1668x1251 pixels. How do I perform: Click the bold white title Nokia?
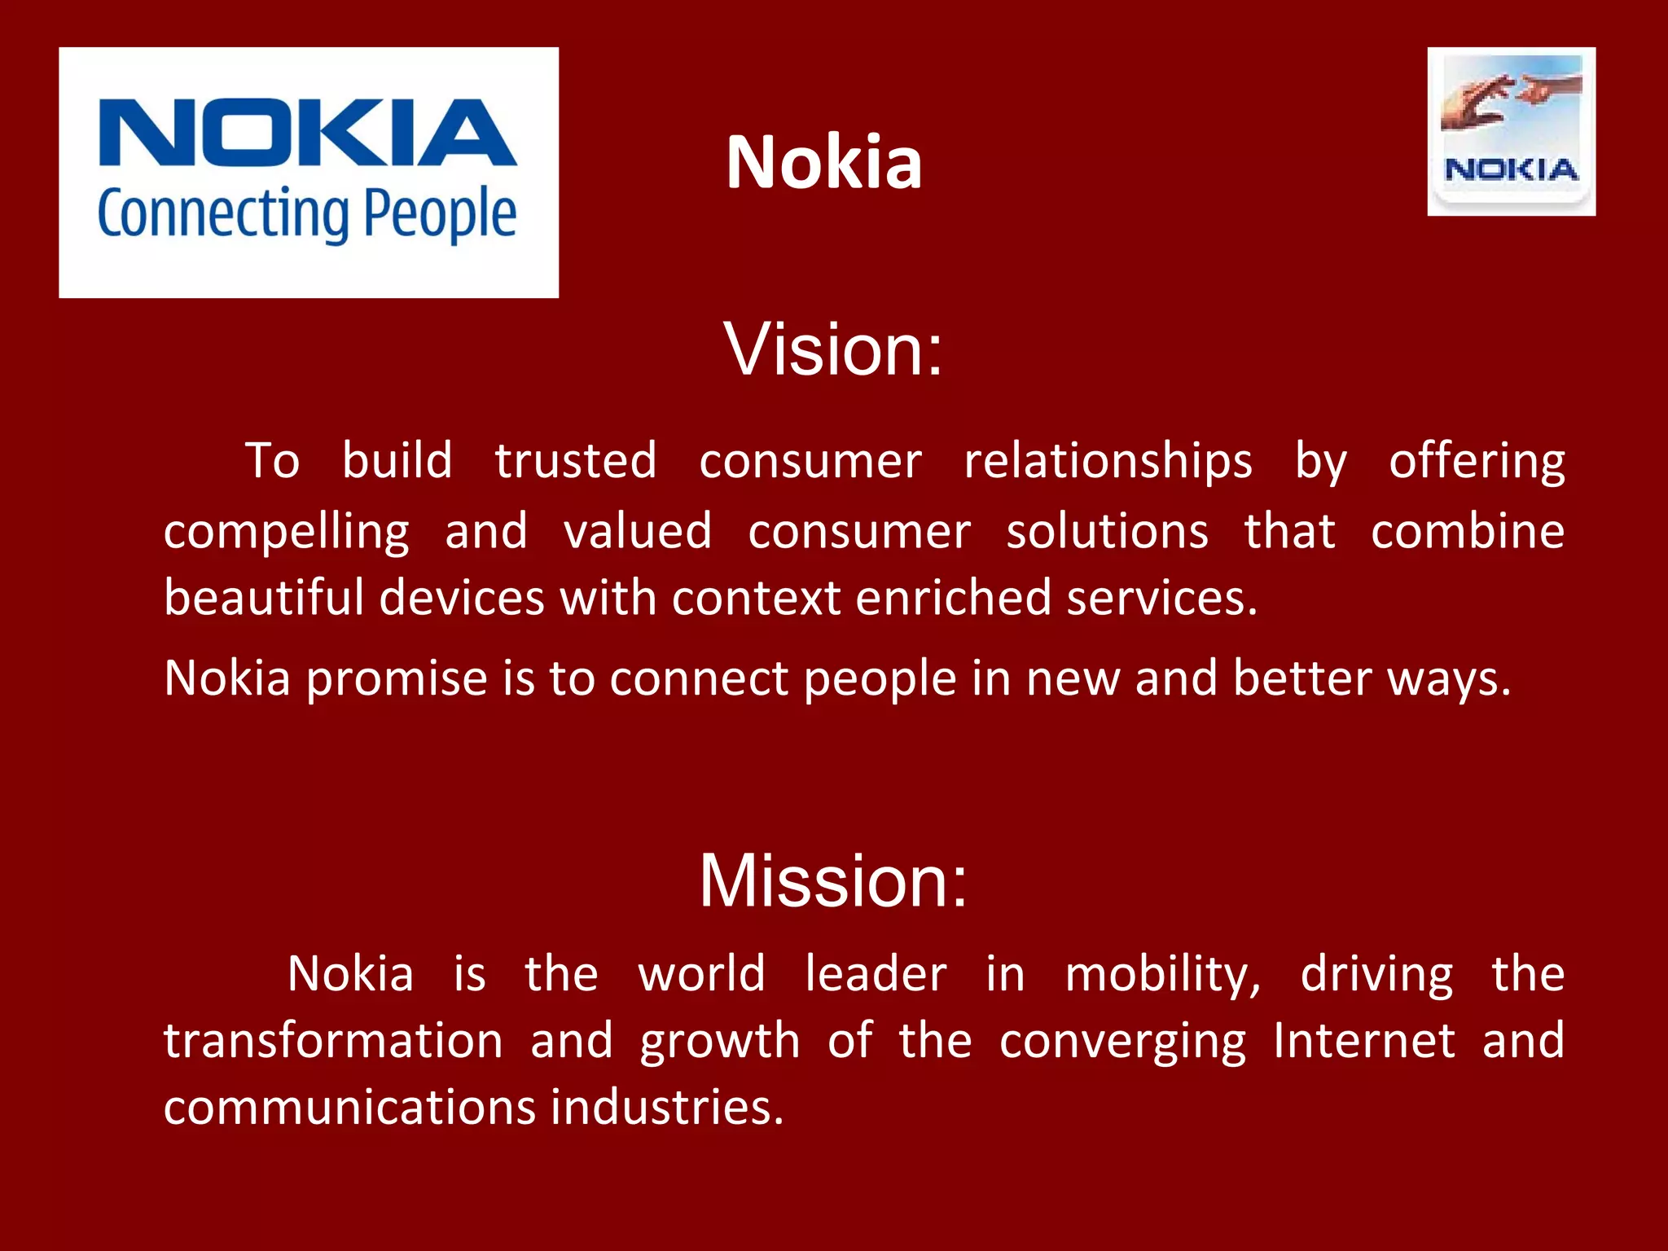click(x=823, y=162)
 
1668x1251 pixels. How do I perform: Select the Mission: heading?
click(x=833, y=880)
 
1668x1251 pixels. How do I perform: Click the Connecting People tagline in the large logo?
click(x=307, y=213)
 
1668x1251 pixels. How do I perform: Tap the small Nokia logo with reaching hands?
click(x=1511, y=131)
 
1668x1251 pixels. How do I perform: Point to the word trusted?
click(x=576, y=461)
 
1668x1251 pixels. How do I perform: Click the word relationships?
click(x=1108, y=461)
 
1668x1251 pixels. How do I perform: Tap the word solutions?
click(x=1107, y=532)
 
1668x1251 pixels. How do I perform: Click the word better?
click(x=1302, y=678)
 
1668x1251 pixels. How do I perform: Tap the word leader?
click(x=876, y=974)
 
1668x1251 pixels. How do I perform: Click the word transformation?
click(x=333, y=1041)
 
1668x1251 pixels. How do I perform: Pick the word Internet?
click(x=1363, y=1041)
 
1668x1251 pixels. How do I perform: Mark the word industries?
click(x=666, y=1108)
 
